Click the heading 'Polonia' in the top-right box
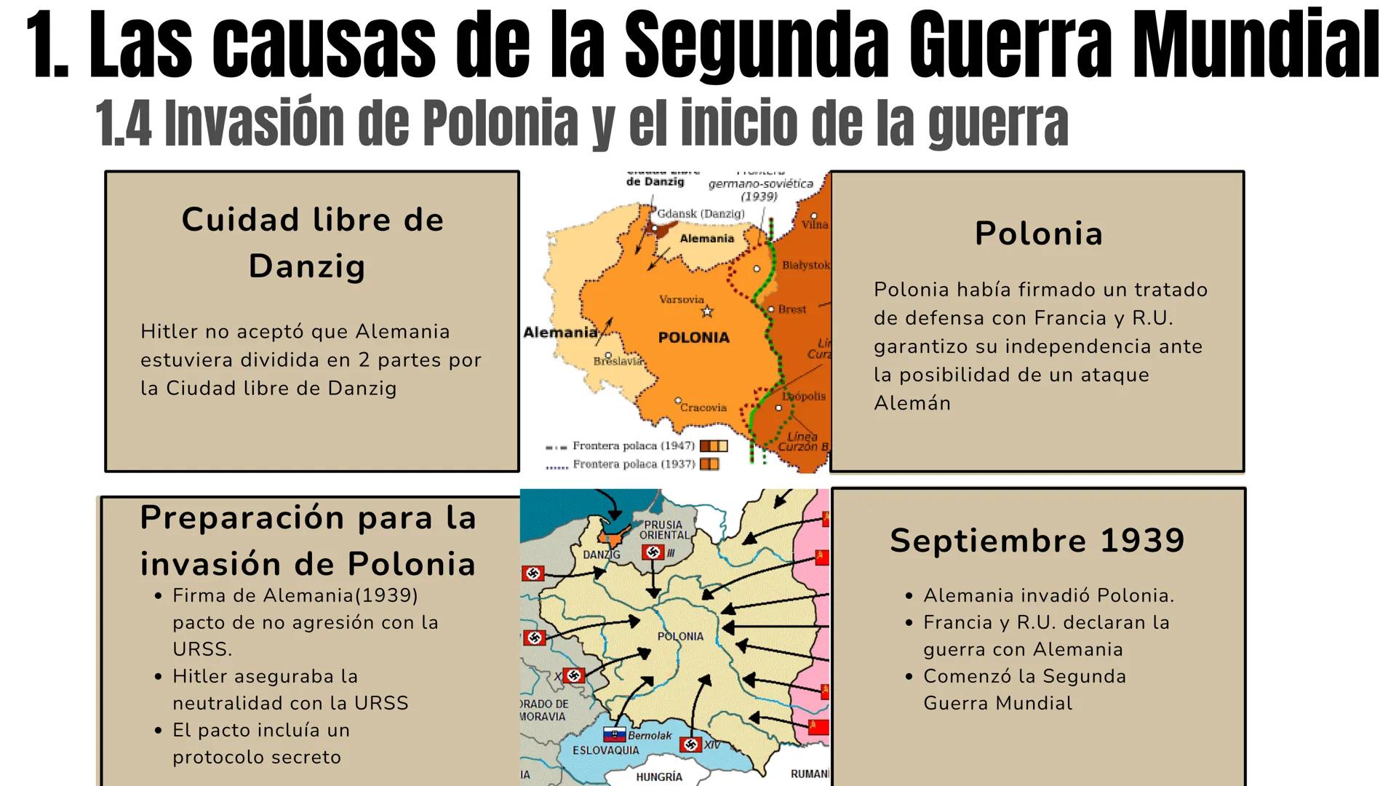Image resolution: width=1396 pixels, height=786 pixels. coord(1038,234)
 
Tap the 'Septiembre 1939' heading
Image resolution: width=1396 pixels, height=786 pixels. coord(1037,541)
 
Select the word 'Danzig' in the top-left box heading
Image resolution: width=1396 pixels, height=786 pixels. coord(307,266)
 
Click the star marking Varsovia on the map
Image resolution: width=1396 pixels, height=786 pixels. coord(706,312)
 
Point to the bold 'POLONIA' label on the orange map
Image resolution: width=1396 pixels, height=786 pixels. coord(693,338)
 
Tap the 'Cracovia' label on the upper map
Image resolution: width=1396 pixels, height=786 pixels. coord(703,408)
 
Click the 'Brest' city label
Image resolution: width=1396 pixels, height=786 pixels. coord(791,309)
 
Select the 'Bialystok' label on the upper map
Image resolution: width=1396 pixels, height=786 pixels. coord(805,265)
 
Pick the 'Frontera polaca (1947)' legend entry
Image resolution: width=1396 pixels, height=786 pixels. coord(634,445)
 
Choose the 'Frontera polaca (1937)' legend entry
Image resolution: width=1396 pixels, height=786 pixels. coord(634,464)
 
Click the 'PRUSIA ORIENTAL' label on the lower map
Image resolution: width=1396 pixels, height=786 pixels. coord(663,530)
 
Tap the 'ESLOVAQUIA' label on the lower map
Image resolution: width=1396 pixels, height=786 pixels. coord(605,750)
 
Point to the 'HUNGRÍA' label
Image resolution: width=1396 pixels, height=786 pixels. coord(659,777)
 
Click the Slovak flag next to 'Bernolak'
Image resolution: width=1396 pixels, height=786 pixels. coord(614,735)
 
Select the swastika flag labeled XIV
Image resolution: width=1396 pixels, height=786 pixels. coord(690,745)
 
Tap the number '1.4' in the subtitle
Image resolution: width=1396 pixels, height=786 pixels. coord(124,124)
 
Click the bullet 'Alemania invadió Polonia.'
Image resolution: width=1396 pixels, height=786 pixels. coord(1048,596)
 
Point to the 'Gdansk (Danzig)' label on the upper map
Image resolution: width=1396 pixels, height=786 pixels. coord(701,214)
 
